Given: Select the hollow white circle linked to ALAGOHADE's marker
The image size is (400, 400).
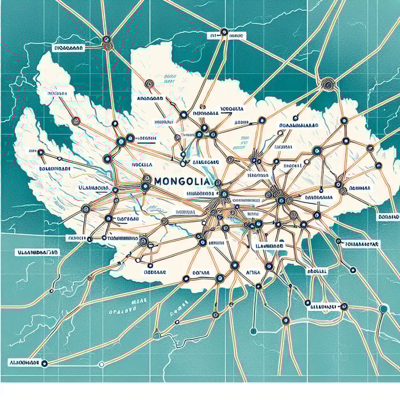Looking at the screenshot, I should (x=101, y=364).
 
